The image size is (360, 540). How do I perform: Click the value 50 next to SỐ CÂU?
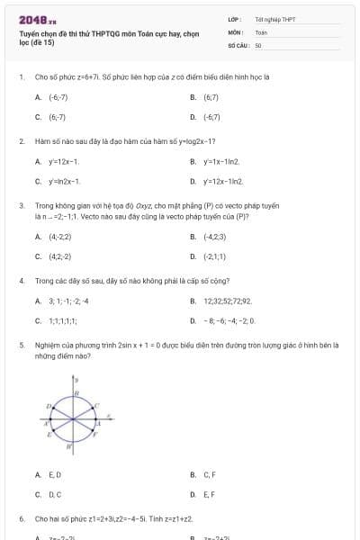click(x=258, y=44)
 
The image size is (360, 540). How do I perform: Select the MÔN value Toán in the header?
click(x=261, y=31)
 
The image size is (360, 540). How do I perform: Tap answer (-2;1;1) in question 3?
click(x=217, y=256)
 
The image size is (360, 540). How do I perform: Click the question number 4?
click(x=21, y=281)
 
